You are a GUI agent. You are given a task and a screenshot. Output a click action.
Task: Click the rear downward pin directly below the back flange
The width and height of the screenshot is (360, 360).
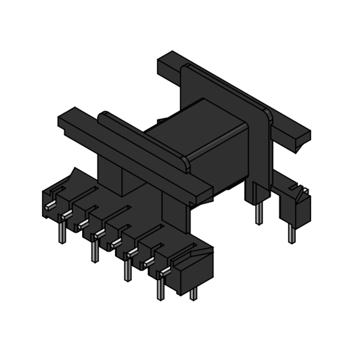[x=258, y=213]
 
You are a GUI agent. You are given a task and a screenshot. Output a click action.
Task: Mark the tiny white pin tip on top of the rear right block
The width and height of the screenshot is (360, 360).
[x=306, y=191]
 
